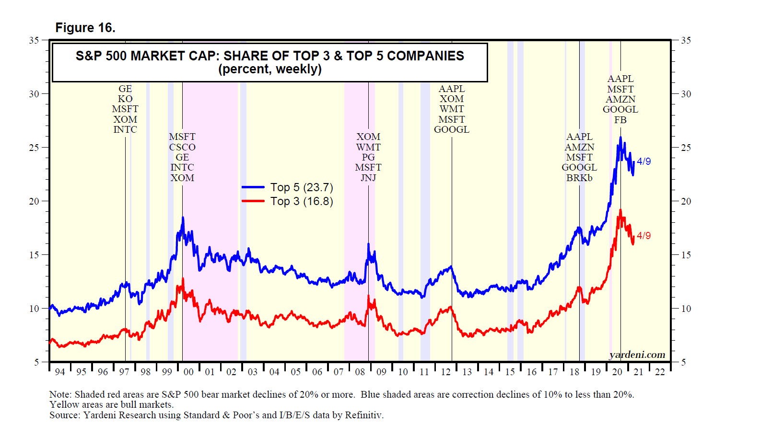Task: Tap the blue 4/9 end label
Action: coord(643,161)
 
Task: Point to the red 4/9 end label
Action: coord(643,236)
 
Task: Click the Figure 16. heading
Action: coord(85,28)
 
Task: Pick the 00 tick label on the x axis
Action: coord(188,372)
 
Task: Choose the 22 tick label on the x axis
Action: coord(660,372)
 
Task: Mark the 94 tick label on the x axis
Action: coord(60,372)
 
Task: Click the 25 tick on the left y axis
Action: coord(34,148)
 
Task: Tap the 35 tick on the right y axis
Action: coord(686,40)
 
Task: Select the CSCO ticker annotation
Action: coord(182,147)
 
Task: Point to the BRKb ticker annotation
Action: coord(579,178)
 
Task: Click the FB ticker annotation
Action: coord(620,120)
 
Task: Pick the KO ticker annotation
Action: coord(125,99)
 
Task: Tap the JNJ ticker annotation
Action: coord(368,178)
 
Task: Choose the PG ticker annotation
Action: coord(368,157)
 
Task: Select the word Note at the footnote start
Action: coord(60,394)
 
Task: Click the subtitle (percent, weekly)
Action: coord(270,69)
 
